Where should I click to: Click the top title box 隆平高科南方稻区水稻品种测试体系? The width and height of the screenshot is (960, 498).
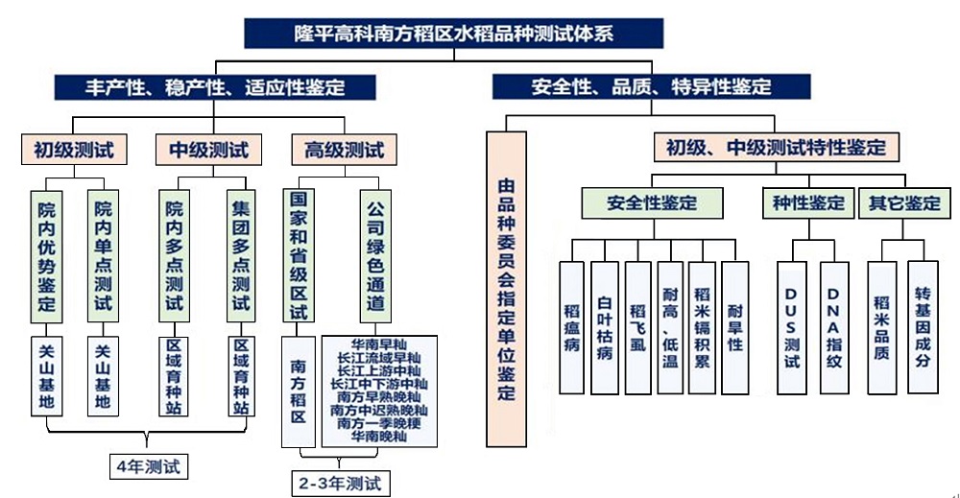[454, 33]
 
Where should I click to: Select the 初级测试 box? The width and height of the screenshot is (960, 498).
[74, 150]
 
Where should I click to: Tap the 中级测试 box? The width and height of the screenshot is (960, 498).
[208, 150]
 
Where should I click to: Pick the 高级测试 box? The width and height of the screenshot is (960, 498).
[344, 150]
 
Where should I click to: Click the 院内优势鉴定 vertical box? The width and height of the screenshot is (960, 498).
[46, 256]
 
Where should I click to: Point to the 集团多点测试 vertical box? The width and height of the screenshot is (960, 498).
[241, 256]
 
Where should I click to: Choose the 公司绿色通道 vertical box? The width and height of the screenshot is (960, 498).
[375, 256]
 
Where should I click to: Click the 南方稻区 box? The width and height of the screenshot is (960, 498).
[299, 391]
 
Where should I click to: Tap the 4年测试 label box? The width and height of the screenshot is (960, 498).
[148, 466]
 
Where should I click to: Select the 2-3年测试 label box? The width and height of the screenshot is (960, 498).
[341, 484]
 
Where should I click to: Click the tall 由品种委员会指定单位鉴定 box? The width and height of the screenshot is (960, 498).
[506, 290]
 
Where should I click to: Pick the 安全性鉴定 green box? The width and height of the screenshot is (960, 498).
[652, 202]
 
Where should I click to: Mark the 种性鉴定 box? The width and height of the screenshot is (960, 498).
[808, 202]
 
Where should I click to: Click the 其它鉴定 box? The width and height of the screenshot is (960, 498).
[904, 202]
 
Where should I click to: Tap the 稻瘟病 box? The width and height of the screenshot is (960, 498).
[572, 328]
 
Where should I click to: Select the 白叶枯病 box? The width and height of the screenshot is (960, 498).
[605, 328]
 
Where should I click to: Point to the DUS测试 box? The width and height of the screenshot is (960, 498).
[792, 328]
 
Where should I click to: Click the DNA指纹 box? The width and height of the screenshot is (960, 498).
[834, 328]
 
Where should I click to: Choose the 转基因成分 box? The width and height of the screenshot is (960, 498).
[923, 326]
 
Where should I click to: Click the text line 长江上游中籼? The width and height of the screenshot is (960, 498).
[379, 370]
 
